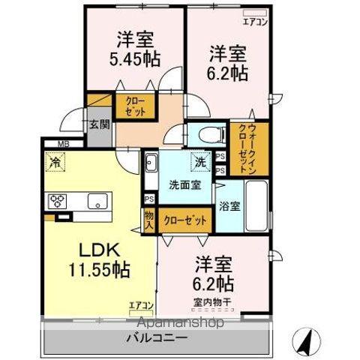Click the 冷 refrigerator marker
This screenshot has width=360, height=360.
(x=54, y=160)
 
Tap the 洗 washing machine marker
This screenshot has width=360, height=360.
(x=202, y=160)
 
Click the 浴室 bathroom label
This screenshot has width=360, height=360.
(x=230, y=206)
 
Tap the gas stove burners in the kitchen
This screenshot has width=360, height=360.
(x=58, y=200)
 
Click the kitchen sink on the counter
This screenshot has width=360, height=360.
(x=97, y=200)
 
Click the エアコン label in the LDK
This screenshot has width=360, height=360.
(x=140, y=304)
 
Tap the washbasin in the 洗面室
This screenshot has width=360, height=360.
(x=150, y=163)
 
